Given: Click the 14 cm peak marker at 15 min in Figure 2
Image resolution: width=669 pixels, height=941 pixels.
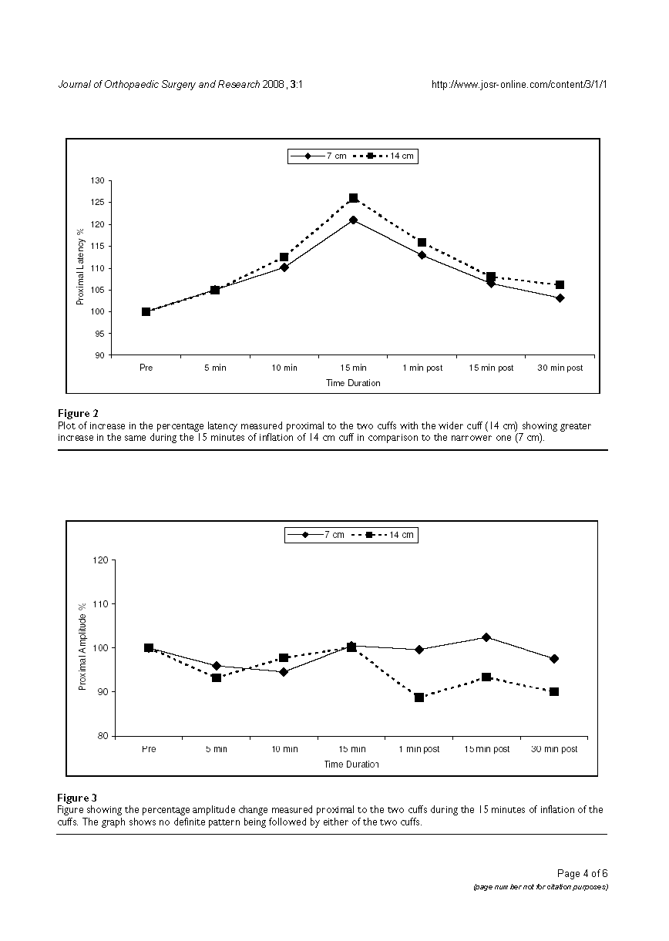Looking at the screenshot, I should tap(353, 198).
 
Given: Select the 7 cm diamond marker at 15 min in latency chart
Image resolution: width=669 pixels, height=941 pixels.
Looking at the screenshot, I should tap(353, 220).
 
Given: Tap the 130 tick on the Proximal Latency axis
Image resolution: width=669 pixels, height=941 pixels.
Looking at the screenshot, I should tap(98, 180).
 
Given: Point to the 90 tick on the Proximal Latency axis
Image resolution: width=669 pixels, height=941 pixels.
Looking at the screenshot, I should tap(98, 355).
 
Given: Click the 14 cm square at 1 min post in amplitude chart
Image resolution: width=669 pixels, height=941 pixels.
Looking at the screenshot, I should tap(419, 697).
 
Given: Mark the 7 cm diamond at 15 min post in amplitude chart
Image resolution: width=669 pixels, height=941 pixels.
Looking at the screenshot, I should tap(486, 637).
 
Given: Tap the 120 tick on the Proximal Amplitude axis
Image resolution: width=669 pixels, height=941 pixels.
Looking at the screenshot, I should tap(100, 560).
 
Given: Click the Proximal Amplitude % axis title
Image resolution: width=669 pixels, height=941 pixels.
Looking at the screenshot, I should tap(82, 647).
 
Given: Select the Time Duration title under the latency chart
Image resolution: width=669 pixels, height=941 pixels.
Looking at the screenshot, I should tap(352, 383).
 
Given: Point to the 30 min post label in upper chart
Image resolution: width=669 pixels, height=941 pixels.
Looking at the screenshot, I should tap(560, 368).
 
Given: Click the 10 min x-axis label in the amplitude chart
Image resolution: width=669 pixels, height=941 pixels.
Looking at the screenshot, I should tap(284, 749).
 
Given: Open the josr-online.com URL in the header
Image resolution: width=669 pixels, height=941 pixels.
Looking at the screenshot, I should tap(520, 85).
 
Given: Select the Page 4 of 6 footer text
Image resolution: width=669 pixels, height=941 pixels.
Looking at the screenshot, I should tap(582, 873).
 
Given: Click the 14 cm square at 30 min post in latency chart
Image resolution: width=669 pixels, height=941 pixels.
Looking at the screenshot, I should tap(560, 285).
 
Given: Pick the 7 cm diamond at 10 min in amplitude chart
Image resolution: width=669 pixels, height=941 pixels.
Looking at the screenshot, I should tap(284, 672).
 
